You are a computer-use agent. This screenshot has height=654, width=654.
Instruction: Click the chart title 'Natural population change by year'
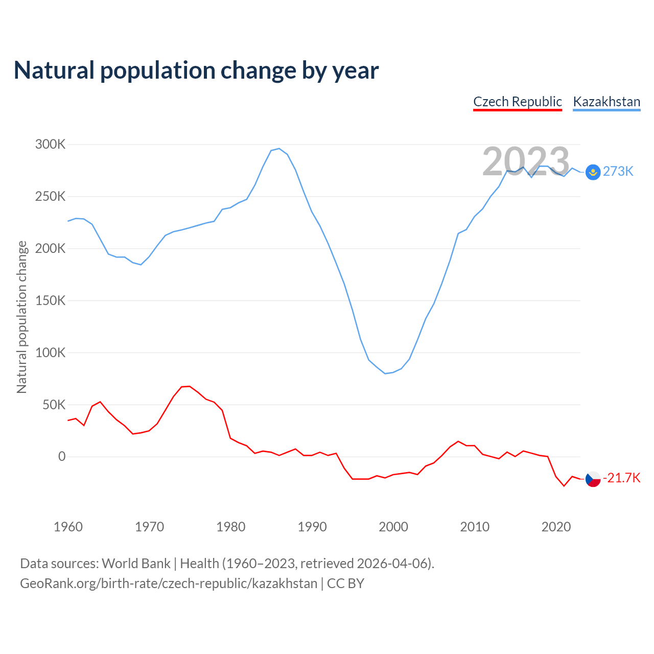pyautogui.click(x=196, y=71)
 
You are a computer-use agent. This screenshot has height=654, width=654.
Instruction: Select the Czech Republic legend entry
pyautogui.click(x=518, y=102)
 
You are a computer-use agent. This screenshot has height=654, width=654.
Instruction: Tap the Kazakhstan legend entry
pyautogui.click(x=606, y=102)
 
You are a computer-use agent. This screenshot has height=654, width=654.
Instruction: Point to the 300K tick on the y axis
pyautogui.click(x=51, y=145)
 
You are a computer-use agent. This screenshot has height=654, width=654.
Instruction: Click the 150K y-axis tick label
pyautogui.click(x=51, y=300)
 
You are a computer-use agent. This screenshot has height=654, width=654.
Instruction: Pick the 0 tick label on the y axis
pyautogui.click(x=62, y=457)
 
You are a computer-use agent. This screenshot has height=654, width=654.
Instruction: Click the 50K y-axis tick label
pyautogui.click(x=54, y=405)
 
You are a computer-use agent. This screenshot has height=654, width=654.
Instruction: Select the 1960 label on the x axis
pyautogui.click(x=68, y=527)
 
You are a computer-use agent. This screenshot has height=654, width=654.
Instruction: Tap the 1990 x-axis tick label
pyautogui.click(x=312, y=527)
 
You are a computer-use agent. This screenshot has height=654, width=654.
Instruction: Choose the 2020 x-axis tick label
pyautogui.click(x=556, y=527)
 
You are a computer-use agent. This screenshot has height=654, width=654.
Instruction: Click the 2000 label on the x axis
pyautogui.click(x=393, y=527)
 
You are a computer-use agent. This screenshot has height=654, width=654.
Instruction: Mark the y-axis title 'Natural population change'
pyautogui.click(x=22, y=317)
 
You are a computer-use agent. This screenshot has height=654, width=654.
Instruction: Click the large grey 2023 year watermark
pyautogui.click(x=526, y=161)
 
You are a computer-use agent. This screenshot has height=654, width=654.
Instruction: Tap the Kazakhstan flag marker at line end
pyautogui.click(x=593, y=172)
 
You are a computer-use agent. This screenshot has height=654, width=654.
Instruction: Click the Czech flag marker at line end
pyautogui.click(x=593, y=479)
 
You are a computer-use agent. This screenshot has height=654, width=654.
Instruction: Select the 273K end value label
pyautogui.click(x=618, y=172)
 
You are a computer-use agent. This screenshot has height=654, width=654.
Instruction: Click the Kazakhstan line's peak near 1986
pyautogui.click(x=279, y=149)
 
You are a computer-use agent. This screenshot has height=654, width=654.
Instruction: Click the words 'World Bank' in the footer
pyautogui.click(x=136, y=564)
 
